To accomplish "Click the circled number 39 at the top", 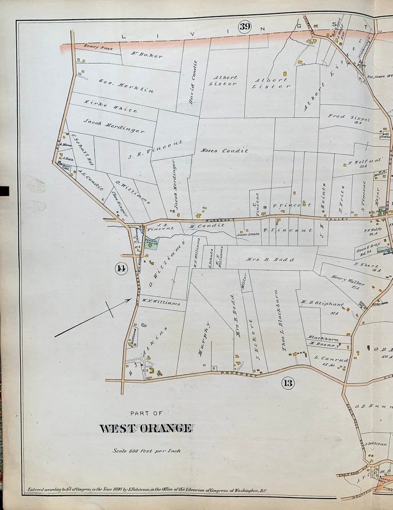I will (x=245, y=26).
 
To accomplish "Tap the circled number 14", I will (x=120, y=268).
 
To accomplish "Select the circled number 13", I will (x=288, y=382).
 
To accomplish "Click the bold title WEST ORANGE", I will (x=146, y=428).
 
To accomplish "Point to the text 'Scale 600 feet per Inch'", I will (x=146, y=451).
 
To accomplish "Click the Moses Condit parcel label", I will (x=224, y=151).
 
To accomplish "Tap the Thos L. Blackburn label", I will (x=285, y=320).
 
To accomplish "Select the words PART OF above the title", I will (x=146, y=413).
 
